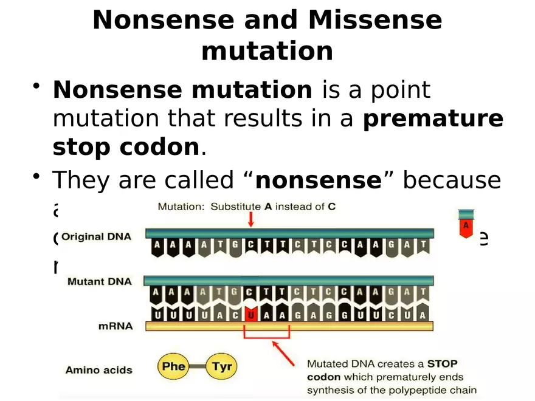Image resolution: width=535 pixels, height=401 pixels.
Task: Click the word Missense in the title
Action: click(375, 20)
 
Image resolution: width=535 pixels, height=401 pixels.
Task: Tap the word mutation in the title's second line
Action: click(267, 51)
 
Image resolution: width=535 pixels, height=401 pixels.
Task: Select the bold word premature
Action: click(433, 119)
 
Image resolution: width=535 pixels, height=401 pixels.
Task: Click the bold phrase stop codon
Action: click(126, 148)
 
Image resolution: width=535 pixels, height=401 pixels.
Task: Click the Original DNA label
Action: click(96, 236)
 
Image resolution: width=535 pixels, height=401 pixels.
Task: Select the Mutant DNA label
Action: click(99, 281)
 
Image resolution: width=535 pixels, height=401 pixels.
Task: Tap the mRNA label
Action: click(116, 326)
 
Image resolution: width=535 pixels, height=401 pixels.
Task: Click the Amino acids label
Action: click(98, 369)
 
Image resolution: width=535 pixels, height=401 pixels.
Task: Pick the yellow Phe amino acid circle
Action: click(173, 367)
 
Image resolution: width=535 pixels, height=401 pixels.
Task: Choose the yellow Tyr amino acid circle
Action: click(222, 367)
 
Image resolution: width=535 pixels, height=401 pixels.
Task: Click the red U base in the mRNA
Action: click(250, 314)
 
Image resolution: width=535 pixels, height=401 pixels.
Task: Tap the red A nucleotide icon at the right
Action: click(466, 224)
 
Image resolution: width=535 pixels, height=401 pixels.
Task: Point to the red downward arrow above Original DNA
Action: click(250, 219)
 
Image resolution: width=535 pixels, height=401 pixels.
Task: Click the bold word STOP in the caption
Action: click(442, 365)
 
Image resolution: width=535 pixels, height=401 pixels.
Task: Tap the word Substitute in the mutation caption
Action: click(235, 207)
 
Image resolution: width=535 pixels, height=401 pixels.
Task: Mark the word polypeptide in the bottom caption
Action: click(422, 389)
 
